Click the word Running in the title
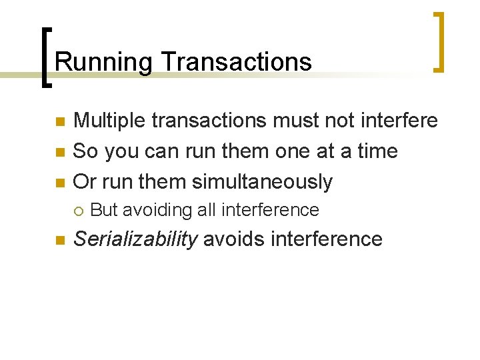coord(104,62)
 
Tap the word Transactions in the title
coord(236,62)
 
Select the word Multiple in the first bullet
coord(109,121)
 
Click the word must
coord(291,121)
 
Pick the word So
coord(85,151)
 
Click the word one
coord(289,151)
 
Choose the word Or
coord(84,181)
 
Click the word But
coord(103,210)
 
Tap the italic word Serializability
coord(135,239)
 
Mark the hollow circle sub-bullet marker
coord(78,211)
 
